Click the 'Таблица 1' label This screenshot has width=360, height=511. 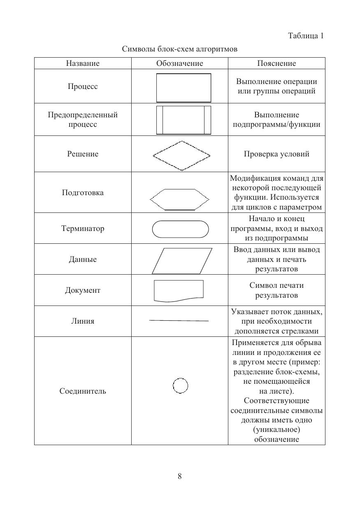tap(306, 36)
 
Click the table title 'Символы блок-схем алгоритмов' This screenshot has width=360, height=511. tap(180, 49)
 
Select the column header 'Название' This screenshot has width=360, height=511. tap(83, 63)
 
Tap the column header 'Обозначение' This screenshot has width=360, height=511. tap(180, 63)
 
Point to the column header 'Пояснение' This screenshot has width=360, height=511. tap(276, 63)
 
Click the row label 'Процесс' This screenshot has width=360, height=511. tap(83, 86)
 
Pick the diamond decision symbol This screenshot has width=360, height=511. tap(181, 156)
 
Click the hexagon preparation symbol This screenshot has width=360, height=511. tap(179, 200)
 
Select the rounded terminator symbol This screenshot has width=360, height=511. tap(180, 229)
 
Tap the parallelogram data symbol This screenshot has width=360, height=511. tap(182, 261)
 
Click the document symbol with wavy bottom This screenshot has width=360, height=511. tap(179, 291)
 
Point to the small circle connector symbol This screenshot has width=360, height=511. tap(180, 386)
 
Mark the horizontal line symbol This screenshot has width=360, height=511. tap(179, 320)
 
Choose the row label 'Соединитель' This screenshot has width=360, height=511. tap(83, 391)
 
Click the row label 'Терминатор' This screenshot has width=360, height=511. tap(83, 229)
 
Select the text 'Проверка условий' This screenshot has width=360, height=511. tap(276, 154)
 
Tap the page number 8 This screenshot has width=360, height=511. tap(180, 476)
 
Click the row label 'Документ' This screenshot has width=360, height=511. tap(83, 290)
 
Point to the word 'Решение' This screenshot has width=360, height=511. tap(83, 154)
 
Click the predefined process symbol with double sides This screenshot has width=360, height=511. tap(183, 120)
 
